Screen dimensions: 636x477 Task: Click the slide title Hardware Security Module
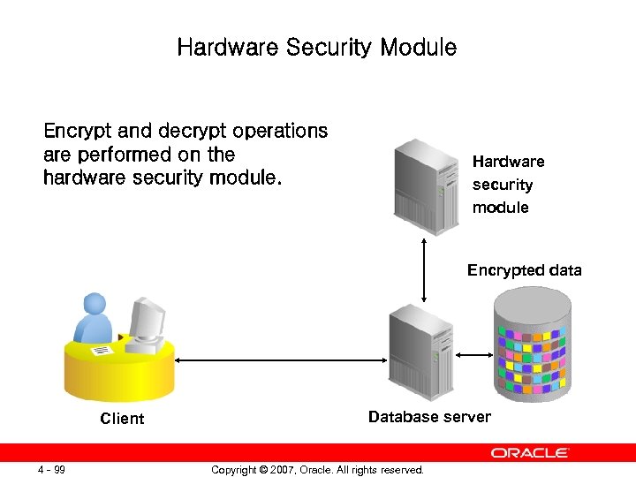317,47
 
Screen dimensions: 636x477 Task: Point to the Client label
122,419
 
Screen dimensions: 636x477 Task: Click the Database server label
429,417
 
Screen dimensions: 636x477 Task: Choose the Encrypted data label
524,270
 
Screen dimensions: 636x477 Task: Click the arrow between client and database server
282,360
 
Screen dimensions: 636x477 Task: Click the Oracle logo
530,453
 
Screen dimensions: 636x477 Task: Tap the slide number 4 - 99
51,469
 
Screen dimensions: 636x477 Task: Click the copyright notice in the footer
317,470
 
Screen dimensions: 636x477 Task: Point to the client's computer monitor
147,318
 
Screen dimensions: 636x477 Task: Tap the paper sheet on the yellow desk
102,351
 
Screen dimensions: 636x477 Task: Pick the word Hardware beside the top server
508,162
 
